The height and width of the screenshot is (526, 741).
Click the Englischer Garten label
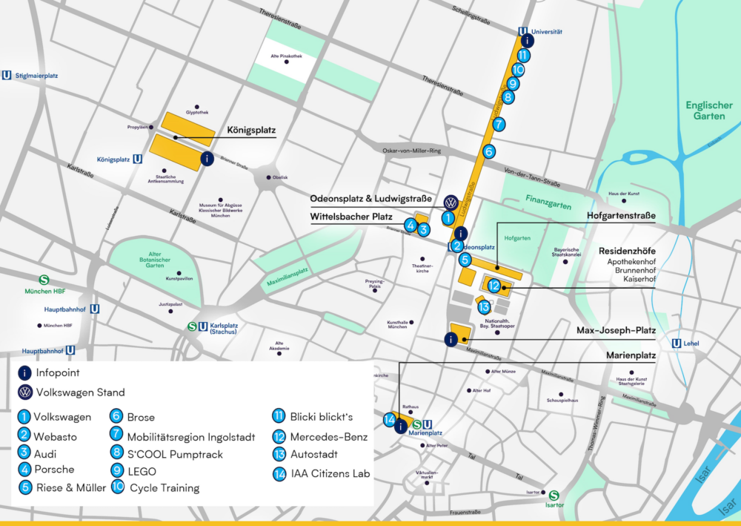pyautogui.click(x=709, y=111)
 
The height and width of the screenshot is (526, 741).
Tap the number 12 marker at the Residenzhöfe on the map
pyautogui.click(x=494, y=286)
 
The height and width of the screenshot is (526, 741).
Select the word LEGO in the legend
pyautogui.click(x=143, y=470)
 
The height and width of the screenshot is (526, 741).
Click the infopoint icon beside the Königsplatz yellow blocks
pyautogui.click(x=207, y=158)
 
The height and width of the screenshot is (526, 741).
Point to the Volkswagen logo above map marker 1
pyautogui.click(x=450, y=203)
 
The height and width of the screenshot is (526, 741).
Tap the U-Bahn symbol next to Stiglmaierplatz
pyautogui.click(x=7, y=75)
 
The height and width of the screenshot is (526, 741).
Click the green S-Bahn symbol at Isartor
pyautogui.click(x=554, y=496)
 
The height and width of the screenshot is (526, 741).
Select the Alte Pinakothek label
pyautogui.click(x=285, y=56)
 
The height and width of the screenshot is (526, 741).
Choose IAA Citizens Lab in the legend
pyautogui.click(x=330, y=473)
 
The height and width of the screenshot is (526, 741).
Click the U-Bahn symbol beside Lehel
pyautogui.click(x=677, y=343)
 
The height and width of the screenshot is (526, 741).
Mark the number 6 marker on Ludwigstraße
pyautogui.click(x=489, y=151)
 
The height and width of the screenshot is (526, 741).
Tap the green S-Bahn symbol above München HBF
pyautogui.click(x=44, y=280)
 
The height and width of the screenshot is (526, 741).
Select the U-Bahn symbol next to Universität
pyautogui.click(x=524, y=32)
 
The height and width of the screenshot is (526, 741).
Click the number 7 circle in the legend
pyautogui.click(x=116, y=435)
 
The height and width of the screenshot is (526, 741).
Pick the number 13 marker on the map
pyautogui.click(x=484, y=307)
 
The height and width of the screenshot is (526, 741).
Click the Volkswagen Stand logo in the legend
pyautogui.click(x=25, y=392)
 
